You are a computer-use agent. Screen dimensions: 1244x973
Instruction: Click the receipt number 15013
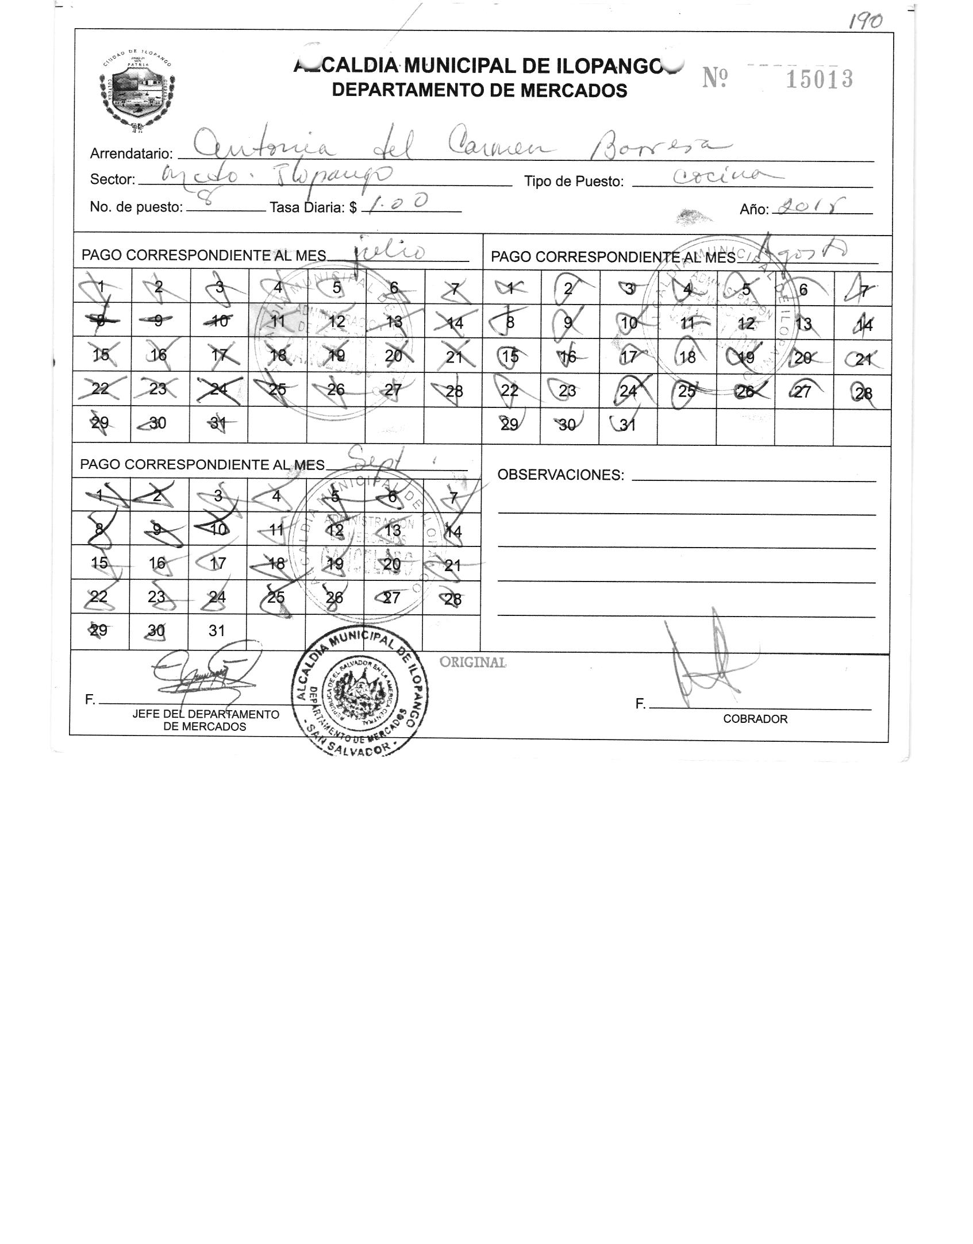tap(818, 79)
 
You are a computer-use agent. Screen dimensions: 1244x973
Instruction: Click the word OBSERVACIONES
tap(560, 475)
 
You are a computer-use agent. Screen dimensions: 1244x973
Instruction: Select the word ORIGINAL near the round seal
tap(472, 662)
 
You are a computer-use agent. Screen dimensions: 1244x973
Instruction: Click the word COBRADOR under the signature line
tap(755, 719)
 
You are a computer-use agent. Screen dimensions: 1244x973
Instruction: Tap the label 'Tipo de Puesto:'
tap(574, 182)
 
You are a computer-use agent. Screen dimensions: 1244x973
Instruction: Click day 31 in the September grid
tap(216, 631)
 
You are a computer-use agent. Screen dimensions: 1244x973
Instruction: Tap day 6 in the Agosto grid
tap(803, 290)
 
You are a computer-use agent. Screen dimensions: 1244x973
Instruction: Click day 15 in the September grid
tap(99, 563)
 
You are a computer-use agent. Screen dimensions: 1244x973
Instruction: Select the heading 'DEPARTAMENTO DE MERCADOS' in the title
tap(480, 90)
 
